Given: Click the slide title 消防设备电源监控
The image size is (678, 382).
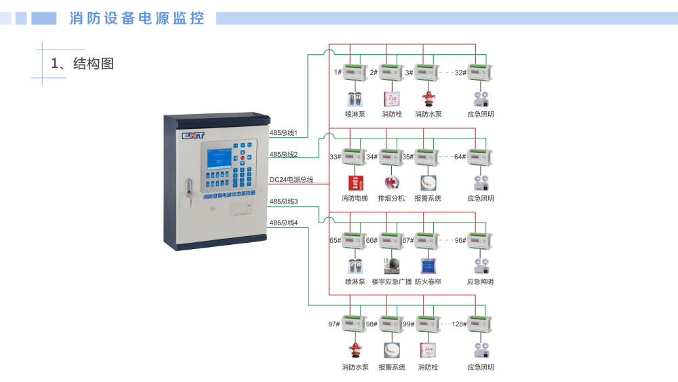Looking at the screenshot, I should click(x=137, y=18).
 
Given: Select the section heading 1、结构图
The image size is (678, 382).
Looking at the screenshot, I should click(x=83, y=64).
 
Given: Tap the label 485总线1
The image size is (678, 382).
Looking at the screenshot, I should click(x=283, y=133).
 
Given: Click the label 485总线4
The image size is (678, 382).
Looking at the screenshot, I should click(x=283, y=223).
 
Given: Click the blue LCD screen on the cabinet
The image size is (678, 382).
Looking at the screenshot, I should click(x=220, y=159).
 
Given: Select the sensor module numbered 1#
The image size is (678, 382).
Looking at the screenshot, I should click(x=354, y=72).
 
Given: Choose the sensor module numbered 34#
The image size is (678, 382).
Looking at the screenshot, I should click(x=391, y=157).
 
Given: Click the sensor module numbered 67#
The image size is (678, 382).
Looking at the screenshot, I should click(x=426, y=240).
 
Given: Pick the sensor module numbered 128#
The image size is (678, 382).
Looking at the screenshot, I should click(x=480, y=324).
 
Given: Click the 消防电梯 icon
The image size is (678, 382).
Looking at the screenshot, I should click(x=355, y=183).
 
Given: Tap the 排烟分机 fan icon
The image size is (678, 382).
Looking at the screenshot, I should click(x=391, y=183).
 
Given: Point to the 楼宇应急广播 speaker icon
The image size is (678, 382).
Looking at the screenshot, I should click(x=391, y=265).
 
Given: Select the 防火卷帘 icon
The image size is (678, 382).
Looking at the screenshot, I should click(x=428, y=265).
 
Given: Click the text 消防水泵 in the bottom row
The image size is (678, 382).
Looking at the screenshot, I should click(x=355, y=367).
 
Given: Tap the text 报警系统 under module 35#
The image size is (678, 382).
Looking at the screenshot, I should click(x=428, y=198).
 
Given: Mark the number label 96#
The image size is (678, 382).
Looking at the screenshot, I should click(x=460, y=240).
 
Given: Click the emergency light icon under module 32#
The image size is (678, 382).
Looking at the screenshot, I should click(x=481, y=99).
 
